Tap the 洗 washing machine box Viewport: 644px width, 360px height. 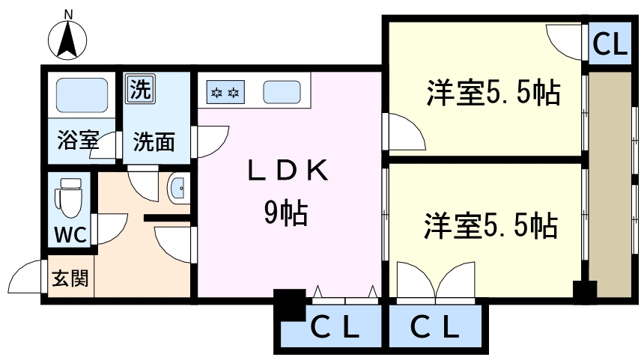[139, 89]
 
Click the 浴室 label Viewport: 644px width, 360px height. [78, 140]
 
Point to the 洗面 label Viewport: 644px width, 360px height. [154, 141]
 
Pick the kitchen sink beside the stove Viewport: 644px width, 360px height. [283, 93]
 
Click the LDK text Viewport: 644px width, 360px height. [288, 172]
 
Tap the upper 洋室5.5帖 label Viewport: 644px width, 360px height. [493, 94]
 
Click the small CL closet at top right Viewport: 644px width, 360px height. [609, 45]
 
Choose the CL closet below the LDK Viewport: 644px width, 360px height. [335, 327]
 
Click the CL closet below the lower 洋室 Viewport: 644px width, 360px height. [434, 327]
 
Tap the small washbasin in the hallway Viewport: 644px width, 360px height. [177, 188]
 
